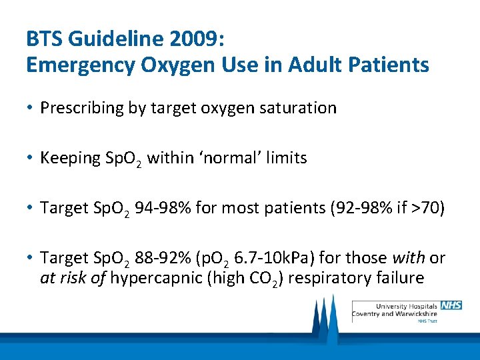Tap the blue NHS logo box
click(451, 305)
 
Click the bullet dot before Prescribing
click(31, 108)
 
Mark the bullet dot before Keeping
click(31, 158)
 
